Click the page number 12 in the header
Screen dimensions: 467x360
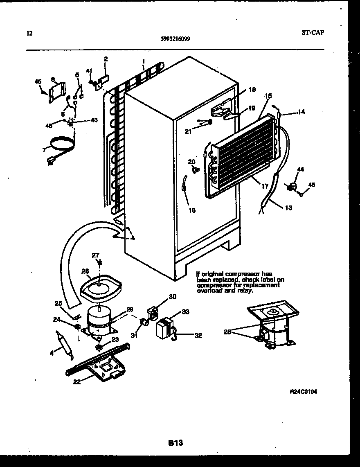coord(29,33)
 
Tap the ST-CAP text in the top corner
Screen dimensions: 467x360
coord(313,32)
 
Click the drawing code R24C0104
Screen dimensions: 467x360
coord(303,392)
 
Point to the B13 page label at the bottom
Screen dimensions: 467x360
coord(175,443)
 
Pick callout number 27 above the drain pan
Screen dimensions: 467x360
coord(95,255)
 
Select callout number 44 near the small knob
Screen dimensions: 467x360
coord(301,169)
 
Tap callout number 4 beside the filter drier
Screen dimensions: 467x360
coord(52,353)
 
